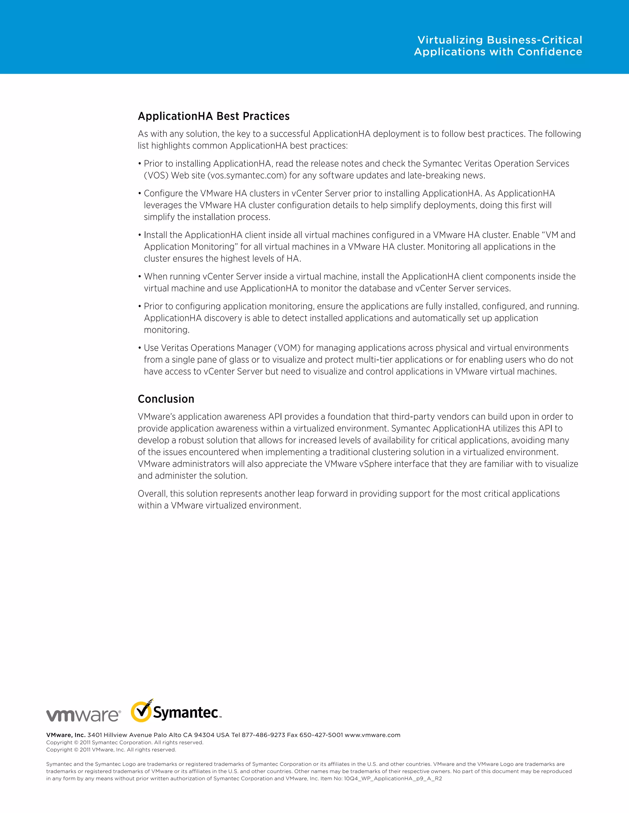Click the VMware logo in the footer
pyautogui.click(x=83, y=715)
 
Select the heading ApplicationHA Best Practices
pyautogui.click(x=213, y=116)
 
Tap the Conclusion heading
pyautogui.click(x=166, y=399)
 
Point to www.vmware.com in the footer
pyautogui.click(x=372, y=735)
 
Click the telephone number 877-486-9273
pyautogui.click(x=264, y=735)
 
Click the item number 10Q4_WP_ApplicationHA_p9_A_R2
pyautogui.click(x=393, y=778)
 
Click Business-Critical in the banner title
pyautogui.click(x=534, y=40)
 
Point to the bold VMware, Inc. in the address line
pyautogui.click(x=66, y=735)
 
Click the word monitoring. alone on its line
pyautogui.click(x=166, y=330)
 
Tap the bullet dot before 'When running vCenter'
pyautogui.click(x=140, y=277)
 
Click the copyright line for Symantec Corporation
pyautogui.click(x=125, y=742)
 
